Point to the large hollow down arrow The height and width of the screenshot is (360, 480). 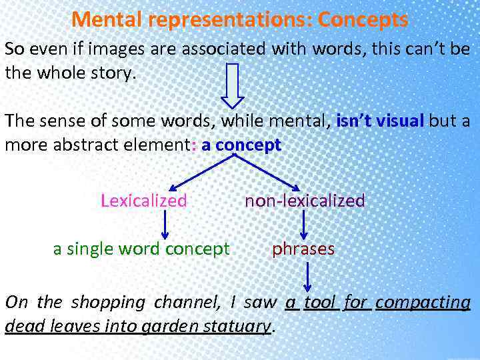233,85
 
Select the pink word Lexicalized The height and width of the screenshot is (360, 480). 143,201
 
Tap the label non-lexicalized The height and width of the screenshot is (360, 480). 305,201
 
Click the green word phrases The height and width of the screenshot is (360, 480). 303,249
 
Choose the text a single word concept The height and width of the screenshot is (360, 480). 141,249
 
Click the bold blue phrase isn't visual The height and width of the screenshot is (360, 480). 381,121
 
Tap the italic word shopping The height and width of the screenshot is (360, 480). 107,302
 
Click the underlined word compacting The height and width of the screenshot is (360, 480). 423,302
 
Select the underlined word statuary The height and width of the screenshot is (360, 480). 238,326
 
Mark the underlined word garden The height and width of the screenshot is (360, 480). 169,326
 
